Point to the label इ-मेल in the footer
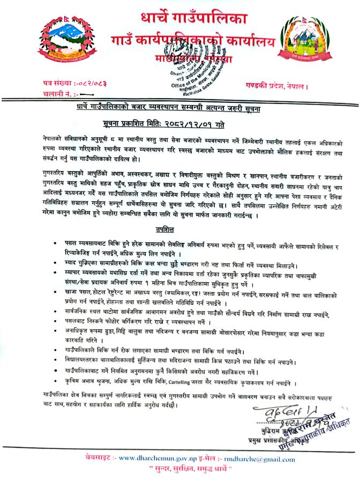(211, 457)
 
